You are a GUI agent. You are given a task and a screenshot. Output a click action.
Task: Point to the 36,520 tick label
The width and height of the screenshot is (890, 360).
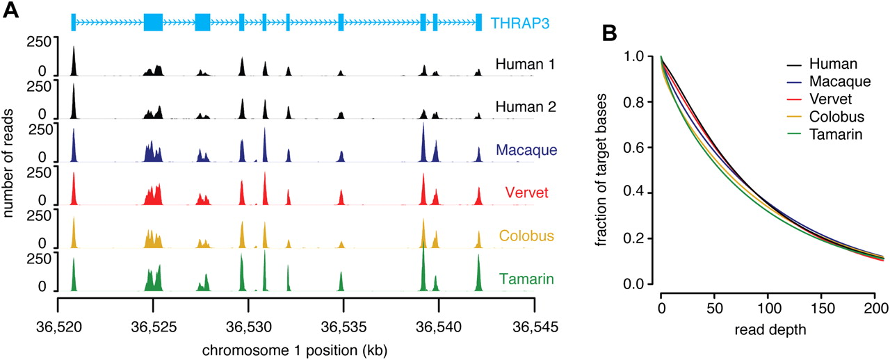(x=58, y=325)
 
